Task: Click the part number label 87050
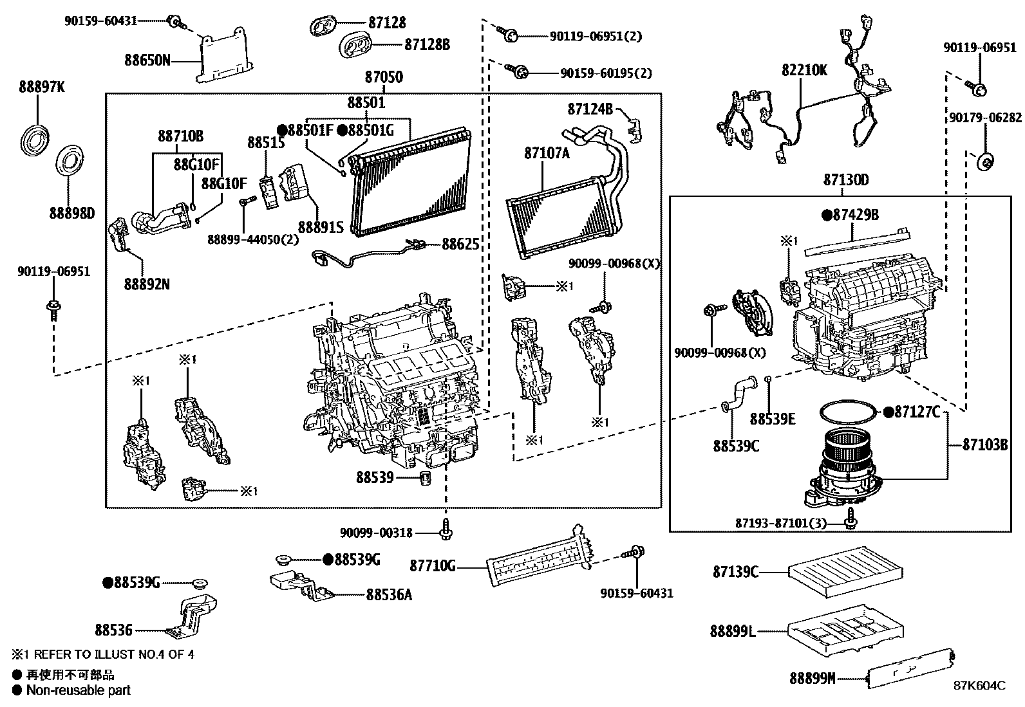point(384,78)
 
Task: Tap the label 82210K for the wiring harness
point(804,70)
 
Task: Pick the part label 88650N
point(147,60)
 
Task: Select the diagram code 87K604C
point(979,685)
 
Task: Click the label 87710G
point(433,566)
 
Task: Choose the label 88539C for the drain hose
point(736,445)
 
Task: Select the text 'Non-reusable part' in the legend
point(78,690)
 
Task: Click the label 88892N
point(147,284)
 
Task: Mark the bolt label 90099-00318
point(376,533)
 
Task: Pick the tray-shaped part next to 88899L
point(847,630)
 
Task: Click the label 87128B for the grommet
point(427,44)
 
